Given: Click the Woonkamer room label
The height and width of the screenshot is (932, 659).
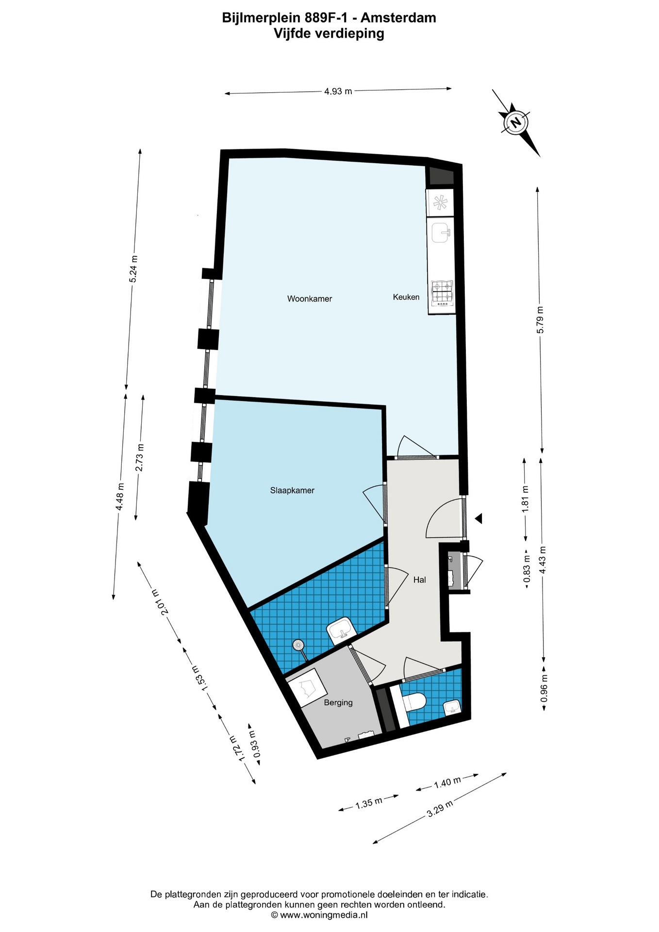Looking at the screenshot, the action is pos(310,299).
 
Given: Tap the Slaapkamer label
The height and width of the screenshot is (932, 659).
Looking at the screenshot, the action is pos(292,490).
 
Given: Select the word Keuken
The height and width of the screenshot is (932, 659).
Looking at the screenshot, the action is pos(406,297).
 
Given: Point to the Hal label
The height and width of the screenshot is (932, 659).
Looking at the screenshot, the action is pos(419,579).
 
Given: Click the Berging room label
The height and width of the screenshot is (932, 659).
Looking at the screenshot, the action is pos(338,702).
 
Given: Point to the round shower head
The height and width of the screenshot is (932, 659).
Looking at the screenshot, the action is pos(298,645).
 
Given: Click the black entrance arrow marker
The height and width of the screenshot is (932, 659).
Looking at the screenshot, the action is pos(478,518).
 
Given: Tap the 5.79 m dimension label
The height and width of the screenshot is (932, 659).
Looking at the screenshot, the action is pos(540,319).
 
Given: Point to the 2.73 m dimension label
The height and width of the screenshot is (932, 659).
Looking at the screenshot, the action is pos(139,457).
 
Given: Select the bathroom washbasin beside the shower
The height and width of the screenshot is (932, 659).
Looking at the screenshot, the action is pos(342,631).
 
